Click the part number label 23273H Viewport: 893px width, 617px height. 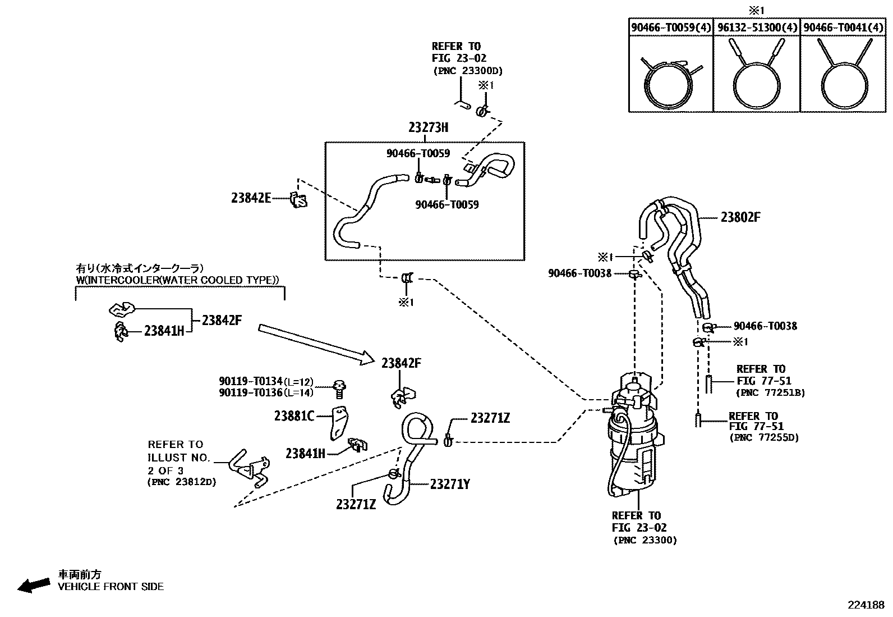click(x=428, y=127)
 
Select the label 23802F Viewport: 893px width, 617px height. click(x=740, y=217)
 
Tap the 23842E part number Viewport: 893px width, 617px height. click(x=251, y=198)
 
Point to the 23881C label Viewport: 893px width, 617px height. click(x=294, y=416)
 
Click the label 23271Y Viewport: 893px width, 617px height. click(x=450, y=484)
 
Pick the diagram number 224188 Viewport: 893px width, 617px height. click(x=866, y=605)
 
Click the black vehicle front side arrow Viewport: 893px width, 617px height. click(x=33, y=585)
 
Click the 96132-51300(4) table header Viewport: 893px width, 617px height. click(x=756, y=27)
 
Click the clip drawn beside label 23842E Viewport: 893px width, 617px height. click(x=298, y=199)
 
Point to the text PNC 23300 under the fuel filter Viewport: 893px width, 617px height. click(x=645, y=540)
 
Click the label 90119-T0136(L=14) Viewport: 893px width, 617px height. click(x=266, y=393)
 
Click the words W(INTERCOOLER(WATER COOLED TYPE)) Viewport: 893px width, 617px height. click(x=177, y=280)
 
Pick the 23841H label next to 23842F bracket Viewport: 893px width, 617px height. click(x=164, y=331)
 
